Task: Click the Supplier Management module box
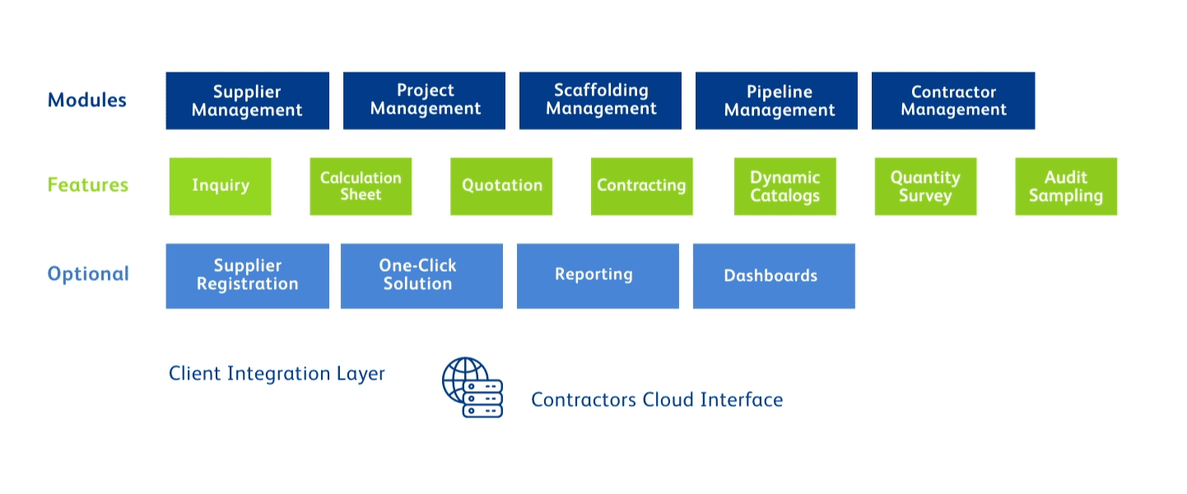[x=248, y=100]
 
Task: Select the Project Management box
[x=425, y=100]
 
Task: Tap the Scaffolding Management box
[x=600, y=100]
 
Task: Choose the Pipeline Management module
[x=776, y=100]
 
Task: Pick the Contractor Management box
[x=953, y=100]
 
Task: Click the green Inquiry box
[x=221, y=186]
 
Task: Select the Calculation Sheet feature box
[x=361, y=186]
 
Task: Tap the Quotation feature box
[x=501, y=186]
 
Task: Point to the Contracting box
[x=642, y=186]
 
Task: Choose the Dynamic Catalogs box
[x=785, y=186]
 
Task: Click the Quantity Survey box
[x=926, y=186]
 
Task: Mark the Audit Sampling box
[x=1066, y=186]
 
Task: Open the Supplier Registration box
[x=248, y=276]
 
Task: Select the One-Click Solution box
[x=421, y=276]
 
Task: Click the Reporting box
[x=598, y=276]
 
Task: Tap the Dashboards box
[x=775, y=276]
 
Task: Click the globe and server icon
[x=472, y=388]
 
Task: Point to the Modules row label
[x=87, y=100]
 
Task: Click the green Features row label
[x=88, y=184]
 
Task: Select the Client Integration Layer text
[x=277, y=374]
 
